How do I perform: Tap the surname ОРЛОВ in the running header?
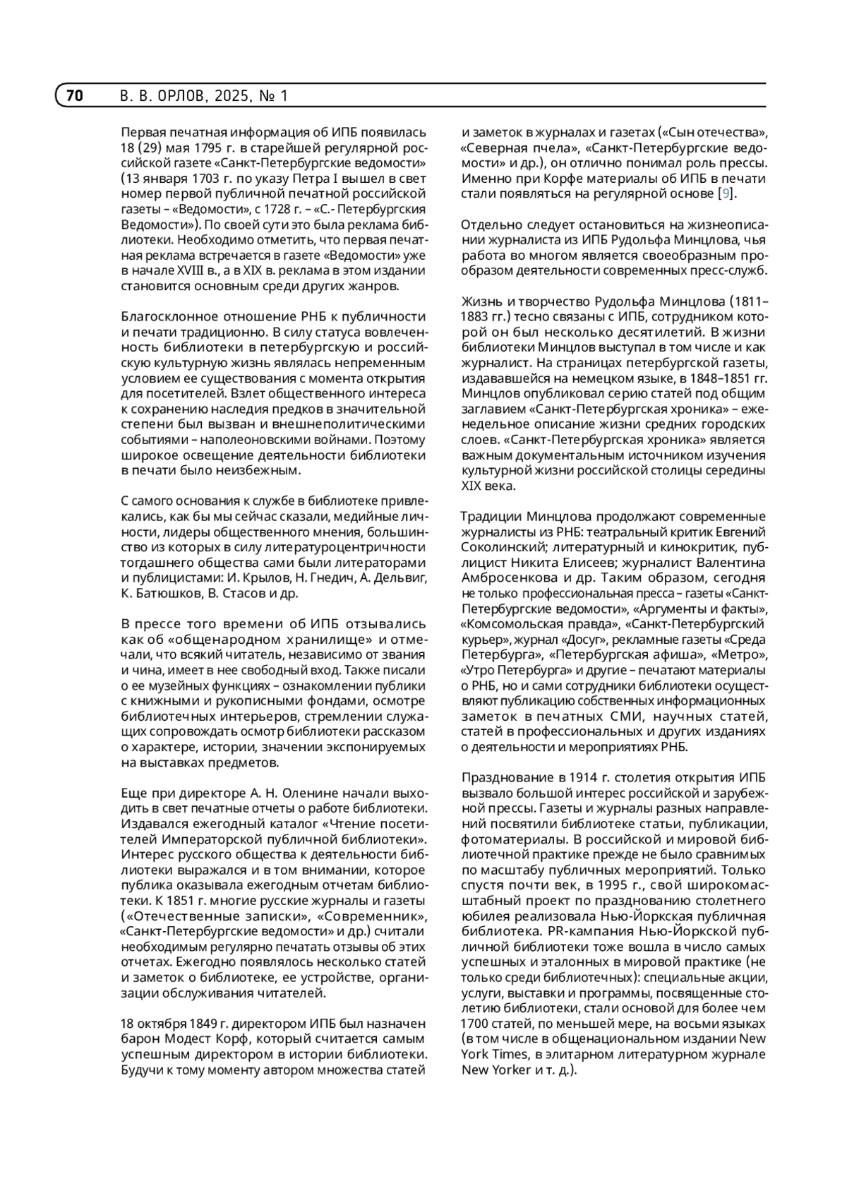178,95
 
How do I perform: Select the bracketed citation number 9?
725,193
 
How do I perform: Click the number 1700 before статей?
475,1024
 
